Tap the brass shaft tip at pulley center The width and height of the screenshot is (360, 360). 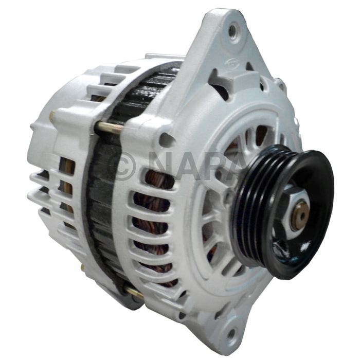tap(302, 215)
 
